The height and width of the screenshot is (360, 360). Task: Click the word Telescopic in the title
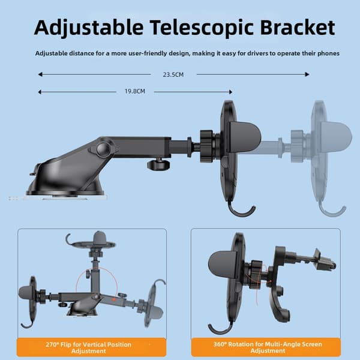pos(203,28)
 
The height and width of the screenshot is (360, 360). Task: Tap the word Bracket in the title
pos(298,28)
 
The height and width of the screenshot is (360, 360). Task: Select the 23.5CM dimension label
pos(173,74)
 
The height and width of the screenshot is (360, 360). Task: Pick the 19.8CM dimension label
pos(135,91)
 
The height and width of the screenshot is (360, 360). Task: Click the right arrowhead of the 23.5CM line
pos(307,74)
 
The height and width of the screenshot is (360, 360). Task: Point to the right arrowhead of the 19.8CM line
pos(230,92)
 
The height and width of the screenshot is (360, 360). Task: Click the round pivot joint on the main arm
pos(103,149)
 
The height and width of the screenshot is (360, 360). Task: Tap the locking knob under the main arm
pos(158,164)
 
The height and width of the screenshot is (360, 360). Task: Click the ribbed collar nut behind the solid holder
pos(206,146)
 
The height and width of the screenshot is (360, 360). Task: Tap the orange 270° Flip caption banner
pos(91,347)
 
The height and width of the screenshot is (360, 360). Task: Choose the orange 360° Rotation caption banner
pos(266,347)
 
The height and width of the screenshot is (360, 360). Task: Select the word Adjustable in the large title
pos(89,28)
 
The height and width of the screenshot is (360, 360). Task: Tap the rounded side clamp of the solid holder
pos(245,137)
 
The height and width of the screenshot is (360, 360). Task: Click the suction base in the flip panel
pos(82,310)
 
